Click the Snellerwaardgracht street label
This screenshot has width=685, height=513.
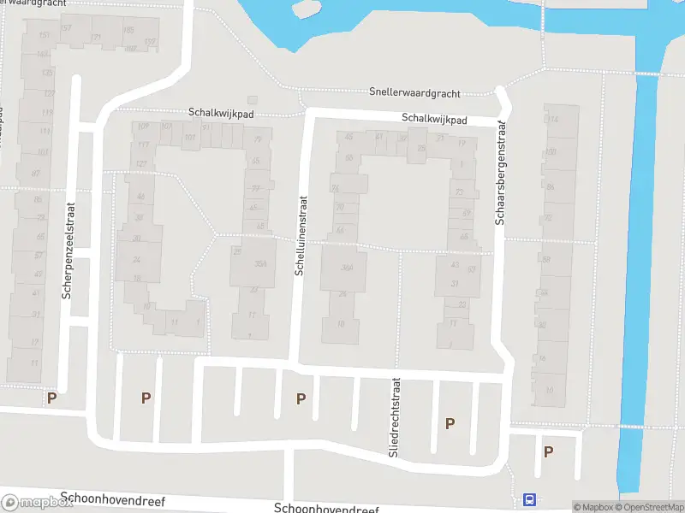415,92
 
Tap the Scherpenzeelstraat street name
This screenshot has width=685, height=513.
68,250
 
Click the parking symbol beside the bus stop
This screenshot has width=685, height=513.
548,451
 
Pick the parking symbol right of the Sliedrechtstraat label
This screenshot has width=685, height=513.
450,422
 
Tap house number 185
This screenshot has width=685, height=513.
128,31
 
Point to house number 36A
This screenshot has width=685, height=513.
347,268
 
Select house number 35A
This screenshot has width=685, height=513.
261,263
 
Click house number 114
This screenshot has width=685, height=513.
552,120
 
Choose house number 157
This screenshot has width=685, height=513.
67,29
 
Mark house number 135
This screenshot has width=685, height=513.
47,73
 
